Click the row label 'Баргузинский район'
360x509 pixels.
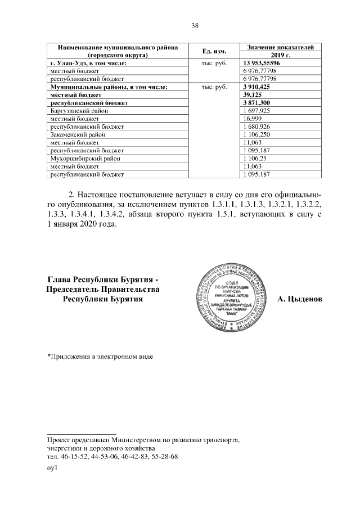77,111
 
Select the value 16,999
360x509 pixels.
251,119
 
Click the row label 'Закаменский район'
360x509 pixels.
77,135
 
